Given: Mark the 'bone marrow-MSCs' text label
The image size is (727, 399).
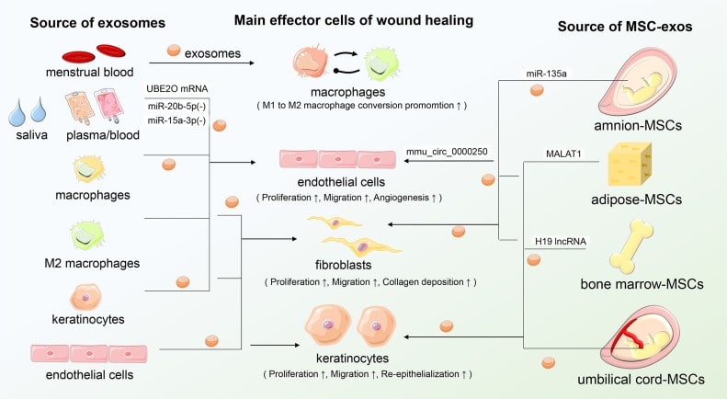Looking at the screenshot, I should click(x=647, y=284).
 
